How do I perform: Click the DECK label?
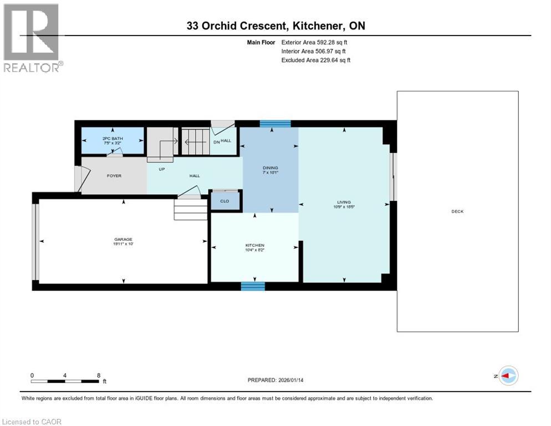click(x=457, y=211)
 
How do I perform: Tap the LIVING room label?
click(x=344, y=202)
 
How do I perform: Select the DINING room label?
click(x=271, y=168)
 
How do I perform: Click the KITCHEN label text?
click(x=255, y=245)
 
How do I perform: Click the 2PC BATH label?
click(x=113, y=138)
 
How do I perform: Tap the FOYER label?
click(x=114, y=176)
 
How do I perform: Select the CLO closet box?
click(x=225, y=201)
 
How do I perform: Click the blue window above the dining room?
click(x=275, y=124)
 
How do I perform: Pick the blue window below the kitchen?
click(x=253, y=286)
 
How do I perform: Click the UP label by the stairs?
click(x=162, y=169)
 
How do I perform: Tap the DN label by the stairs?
click(x=217, y=141)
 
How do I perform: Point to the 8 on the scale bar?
click(x=99, y=375)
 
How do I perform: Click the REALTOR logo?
click(x=32, y=38)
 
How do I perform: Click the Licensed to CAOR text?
click(x=32, y=422)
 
